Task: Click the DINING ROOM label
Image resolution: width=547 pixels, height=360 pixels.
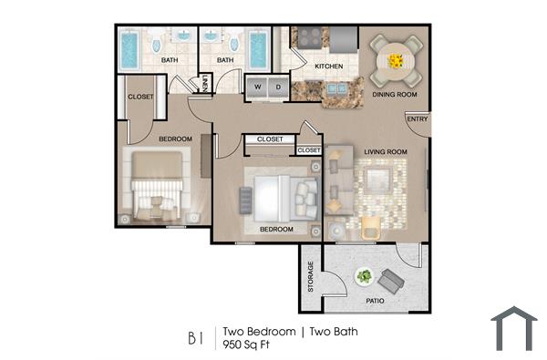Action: tap(395, 95)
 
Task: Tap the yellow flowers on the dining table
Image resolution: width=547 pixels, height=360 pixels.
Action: tap(396, 61)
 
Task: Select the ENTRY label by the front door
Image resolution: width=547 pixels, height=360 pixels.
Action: tap(417, 119)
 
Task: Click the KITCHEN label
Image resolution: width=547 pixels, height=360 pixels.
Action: tap(327, 67)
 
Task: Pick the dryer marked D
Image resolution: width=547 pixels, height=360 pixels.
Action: tap(277, 87)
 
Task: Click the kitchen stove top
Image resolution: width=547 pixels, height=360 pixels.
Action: tap(310, 38)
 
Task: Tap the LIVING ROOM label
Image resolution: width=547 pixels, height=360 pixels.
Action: tap(384, 151)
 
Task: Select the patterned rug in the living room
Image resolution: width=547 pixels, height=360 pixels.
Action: tap(381, 191)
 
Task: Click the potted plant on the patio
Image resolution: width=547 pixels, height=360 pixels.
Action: tap(365, 276)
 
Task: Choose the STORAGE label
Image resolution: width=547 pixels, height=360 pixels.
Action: tap(311, 276)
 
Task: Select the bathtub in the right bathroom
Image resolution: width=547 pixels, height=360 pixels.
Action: tap(257, 50)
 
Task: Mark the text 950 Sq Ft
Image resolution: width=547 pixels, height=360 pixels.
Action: tap(248, 345)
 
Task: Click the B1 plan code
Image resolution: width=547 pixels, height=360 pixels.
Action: tap(195, 339)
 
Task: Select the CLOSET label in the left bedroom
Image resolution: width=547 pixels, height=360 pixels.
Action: tap(140, 96)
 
